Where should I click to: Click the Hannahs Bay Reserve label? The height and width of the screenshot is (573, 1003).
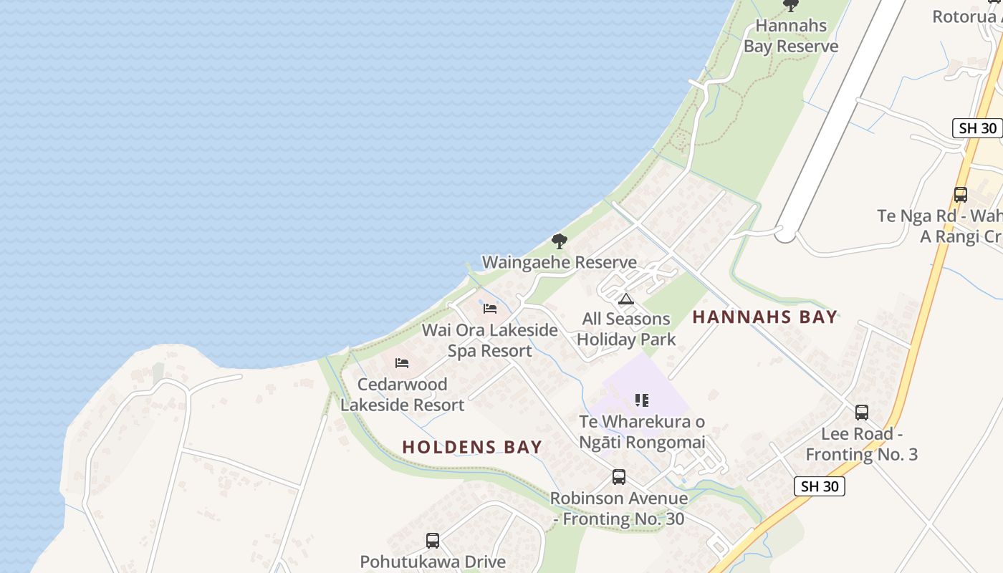click(791, 36)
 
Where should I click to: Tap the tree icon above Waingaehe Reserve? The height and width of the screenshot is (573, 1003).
click(560, 241)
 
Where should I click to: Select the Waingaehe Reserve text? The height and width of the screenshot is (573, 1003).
click(559, 262)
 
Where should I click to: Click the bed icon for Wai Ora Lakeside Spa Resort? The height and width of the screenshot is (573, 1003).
click(490, 308)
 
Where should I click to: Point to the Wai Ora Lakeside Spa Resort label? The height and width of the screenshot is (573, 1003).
click(490, 340)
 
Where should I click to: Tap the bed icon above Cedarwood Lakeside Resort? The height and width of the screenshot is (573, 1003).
click(402, 363)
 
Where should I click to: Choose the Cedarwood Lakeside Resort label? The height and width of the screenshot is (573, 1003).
click(402, 395)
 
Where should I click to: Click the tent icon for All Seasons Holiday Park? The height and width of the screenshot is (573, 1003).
click(626, 299)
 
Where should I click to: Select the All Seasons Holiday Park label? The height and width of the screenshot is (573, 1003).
click(626, 329)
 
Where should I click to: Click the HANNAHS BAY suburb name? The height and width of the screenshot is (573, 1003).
click(764, 317)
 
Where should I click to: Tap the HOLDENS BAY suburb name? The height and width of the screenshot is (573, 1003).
click(472, 447)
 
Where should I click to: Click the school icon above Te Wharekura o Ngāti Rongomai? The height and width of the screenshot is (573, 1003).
click(642, 400)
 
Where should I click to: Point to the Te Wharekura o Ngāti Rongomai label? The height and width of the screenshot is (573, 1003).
click(642, 432)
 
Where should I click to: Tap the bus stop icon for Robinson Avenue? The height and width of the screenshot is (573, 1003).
click(618, 477)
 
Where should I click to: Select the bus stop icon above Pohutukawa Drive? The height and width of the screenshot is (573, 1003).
click(433, 541)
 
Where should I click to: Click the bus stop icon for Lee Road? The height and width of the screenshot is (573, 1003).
click(862, 413)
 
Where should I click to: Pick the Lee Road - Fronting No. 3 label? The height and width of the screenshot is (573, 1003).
click(861, 444)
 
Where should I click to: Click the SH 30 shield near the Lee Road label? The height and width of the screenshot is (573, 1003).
click(820, 486)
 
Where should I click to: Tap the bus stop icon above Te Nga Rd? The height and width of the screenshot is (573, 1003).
click(961, 194)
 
